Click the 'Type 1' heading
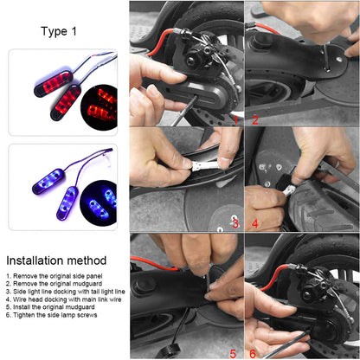[x=59, y=31]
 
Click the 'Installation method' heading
[x=56, y=260]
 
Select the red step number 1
[x=235, y=120]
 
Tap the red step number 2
[x=255, y=120]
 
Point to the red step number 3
[x=235, y=223]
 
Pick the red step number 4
[x=255, y=223]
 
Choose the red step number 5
[x=233, y=353]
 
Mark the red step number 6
[x=253, y=353]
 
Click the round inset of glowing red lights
[x=100, y=107]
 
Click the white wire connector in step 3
[x=207, y=165]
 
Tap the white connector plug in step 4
[x=289, y=190]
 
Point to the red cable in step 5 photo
[x=154, y=263]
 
